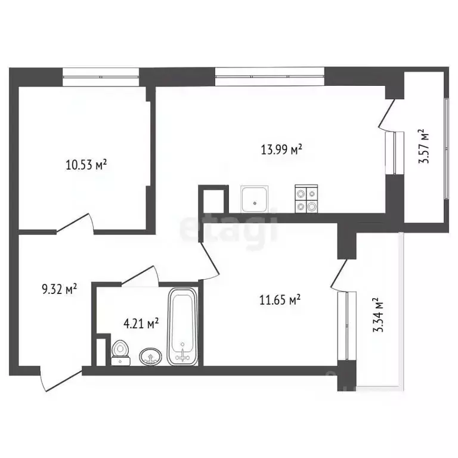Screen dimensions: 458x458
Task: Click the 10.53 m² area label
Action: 86,164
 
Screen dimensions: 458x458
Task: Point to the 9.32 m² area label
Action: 59,290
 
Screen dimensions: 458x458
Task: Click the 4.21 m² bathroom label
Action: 141,324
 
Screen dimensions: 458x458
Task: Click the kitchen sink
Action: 255,199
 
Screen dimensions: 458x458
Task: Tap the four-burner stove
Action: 307,199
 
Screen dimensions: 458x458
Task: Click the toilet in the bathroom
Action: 120,352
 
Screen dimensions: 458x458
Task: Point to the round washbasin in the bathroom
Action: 150,357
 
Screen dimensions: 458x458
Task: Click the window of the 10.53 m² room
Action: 101,76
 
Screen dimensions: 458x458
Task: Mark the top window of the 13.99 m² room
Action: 270,76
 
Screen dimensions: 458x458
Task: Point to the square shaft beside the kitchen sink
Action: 213,199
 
